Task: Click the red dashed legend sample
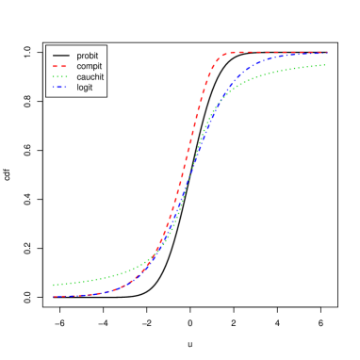tap(59, 67)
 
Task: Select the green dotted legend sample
tap(59, 77)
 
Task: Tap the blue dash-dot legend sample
tap(59, 88)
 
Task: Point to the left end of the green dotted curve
tap(54, 285)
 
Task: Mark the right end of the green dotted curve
tap(326, 65)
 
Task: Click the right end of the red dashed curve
tap(327, 53)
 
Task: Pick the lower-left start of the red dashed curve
tap(54, 297)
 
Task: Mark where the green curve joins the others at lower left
tap(151, 263)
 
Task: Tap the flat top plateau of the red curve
tap(273, 53)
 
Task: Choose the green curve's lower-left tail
tap(85, 281)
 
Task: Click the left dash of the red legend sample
tap(55, 67)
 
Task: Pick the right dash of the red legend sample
tap(63, 67)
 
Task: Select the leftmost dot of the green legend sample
tap(54, 77)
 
